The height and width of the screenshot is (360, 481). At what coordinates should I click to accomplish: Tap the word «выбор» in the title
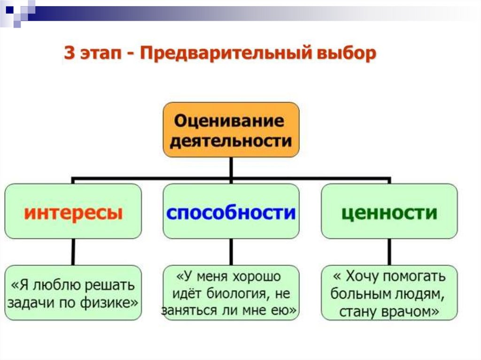click(x=347, y=54)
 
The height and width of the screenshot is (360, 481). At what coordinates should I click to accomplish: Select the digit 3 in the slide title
click(x=70, y=54)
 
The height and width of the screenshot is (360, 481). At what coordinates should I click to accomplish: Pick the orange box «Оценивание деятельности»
click(x=231, y=130)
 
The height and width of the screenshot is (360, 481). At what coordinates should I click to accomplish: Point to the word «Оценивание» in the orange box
click(x=229, y=121)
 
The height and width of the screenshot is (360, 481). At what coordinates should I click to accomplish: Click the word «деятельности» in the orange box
click(x=231, y=140)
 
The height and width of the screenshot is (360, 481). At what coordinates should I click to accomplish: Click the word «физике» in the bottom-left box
click(x=111, y=303)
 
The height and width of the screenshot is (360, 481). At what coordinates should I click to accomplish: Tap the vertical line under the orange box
click(x=231, y=168)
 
